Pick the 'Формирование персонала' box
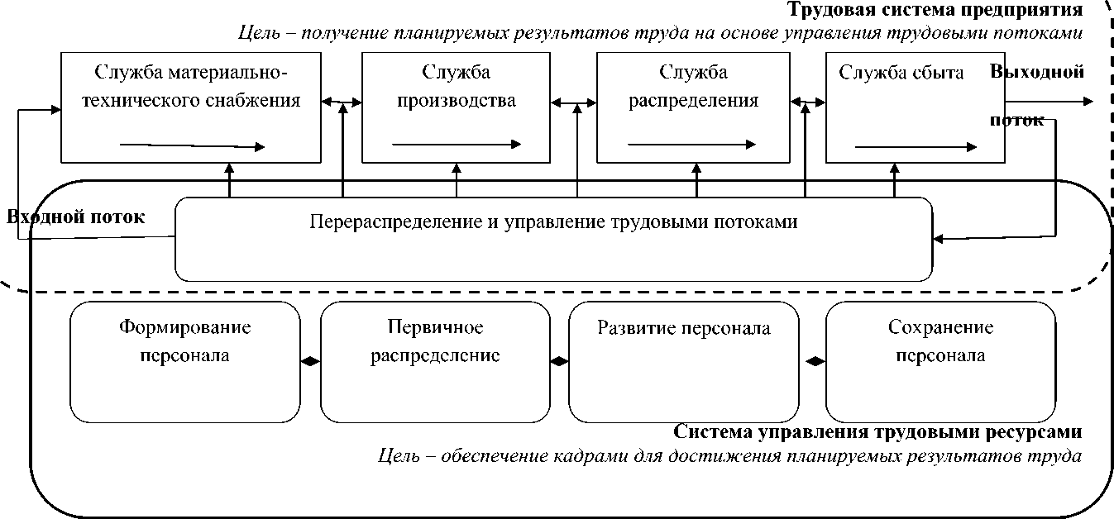tap(184, 362)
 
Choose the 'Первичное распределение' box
tap(435, 362)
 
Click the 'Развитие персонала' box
tap(684, 362)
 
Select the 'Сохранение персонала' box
tap(940, 362)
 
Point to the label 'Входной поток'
tap(76, 217)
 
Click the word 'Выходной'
tap(1037, 71)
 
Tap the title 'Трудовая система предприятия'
tap(935, 10)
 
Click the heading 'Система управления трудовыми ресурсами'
tap(877, 432)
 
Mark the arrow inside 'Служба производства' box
tap(457, 145)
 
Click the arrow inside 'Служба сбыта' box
tap(916, 147)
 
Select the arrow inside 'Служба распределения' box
tap(692, 145)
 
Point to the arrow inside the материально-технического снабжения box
tap(192, 146)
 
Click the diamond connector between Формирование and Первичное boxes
tap(310, 361)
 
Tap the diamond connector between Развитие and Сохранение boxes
tap(816, 361)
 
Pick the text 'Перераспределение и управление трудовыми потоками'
tap(553, 221)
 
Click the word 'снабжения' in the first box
tap(259, 101)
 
